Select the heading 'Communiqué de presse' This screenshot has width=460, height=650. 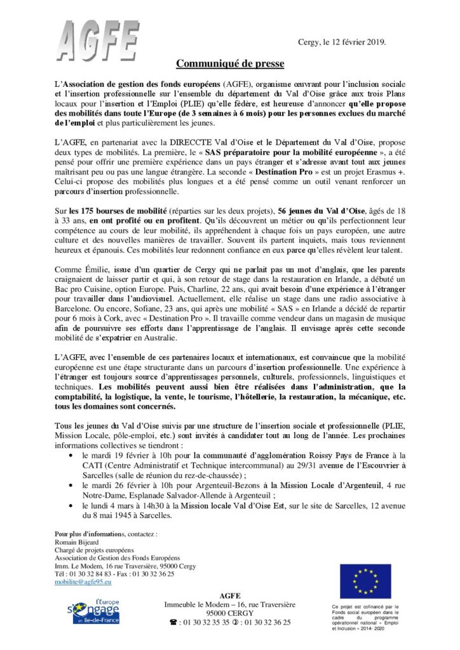pyautogui.click(x=230, y=63)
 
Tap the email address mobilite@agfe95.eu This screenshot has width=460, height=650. pyautogui.click(x=83, y=581)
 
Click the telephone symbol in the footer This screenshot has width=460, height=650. pyautogui.click(x=172, y=623)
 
